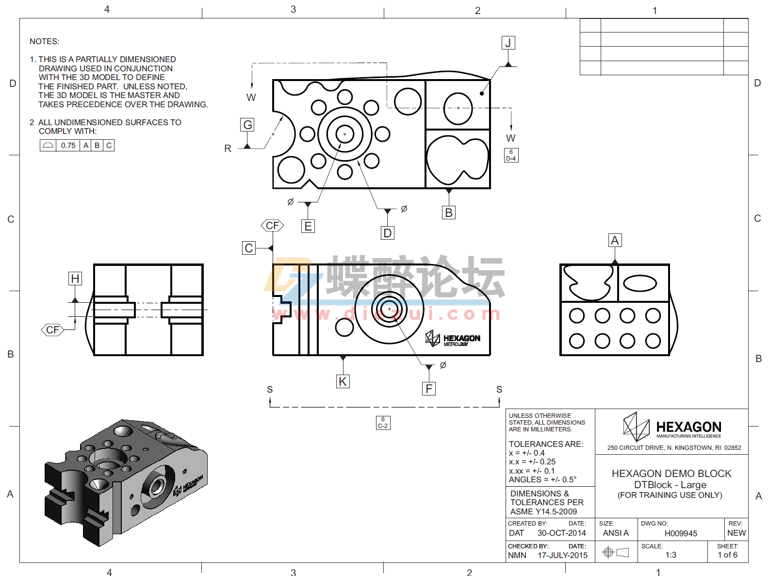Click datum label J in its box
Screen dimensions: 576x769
point(508,43)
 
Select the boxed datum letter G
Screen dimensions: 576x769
point(247,125)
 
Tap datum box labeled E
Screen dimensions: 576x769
point(308,226)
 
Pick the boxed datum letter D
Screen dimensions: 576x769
point(387,233)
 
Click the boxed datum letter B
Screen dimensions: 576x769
point(449,213)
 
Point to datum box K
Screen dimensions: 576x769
point(343,381)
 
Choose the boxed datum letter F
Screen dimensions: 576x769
point(428,389)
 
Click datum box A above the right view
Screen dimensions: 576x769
point(615,240)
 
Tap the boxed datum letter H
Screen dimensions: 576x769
point(75,279)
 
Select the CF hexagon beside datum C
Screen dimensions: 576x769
point(272,226)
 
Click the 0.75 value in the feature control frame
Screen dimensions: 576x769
point(68,146)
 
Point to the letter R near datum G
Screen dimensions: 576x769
point(228,148)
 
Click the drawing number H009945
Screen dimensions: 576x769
point(681,533)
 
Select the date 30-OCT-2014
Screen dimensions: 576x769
point(561,533)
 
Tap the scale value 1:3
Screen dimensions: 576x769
point(671,555)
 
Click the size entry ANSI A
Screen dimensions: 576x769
point(615,533)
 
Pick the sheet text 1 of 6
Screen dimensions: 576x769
point(727,555)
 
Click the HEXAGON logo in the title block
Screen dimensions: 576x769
point(672,427)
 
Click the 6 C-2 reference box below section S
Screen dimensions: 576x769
point(383,423)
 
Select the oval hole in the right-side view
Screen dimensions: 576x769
point(640,283)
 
